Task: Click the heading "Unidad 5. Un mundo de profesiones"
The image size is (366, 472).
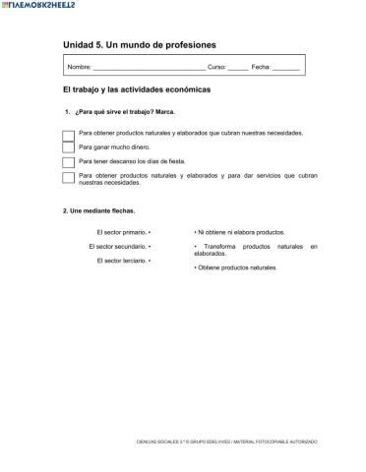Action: pos(139,45)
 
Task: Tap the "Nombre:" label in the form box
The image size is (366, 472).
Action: pos(78,67)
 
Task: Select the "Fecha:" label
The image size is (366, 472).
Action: pos(261,67)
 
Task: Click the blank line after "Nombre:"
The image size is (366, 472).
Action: pos(149,68)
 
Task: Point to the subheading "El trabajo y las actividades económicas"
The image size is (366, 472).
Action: pos(137,89)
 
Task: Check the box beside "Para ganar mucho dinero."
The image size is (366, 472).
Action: pos(69,147)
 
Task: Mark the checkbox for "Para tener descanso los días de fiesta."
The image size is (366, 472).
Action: pos(69,162)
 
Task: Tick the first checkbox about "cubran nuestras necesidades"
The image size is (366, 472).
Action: pos(69,134)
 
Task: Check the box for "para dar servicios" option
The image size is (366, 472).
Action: pos(69,178)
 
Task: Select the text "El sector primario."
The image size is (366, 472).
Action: pos(114,232)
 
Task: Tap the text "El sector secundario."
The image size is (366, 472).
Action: pos(116,246)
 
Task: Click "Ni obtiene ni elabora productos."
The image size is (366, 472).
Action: pos(240,232)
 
